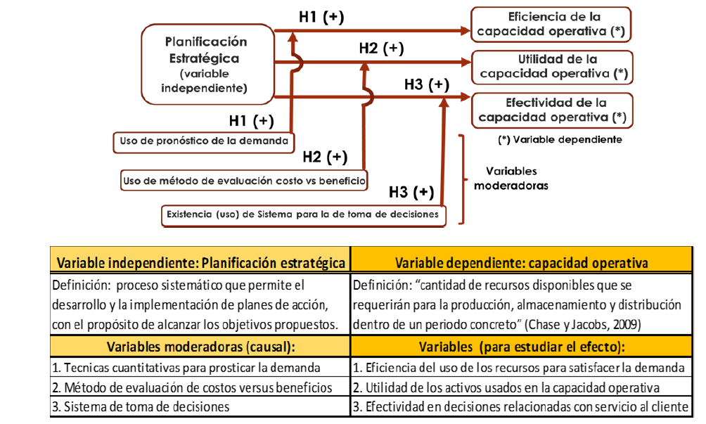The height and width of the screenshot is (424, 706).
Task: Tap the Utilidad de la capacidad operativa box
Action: (551, 65)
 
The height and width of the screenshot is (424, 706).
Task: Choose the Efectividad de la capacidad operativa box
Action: (551, 109)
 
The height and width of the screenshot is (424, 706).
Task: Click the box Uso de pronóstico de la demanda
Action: (204, 141)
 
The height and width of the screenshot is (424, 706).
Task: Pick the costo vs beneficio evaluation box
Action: (244, 180)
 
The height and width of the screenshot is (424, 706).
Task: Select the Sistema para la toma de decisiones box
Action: (304, 214)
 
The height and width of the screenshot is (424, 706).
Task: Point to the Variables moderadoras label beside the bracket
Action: (511, 179)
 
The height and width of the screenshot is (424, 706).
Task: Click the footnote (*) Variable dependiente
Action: (560, 139)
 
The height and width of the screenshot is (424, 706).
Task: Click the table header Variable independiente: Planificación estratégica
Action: (200, 262)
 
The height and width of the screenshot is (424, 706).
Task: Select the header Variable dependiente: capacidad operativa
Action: (521, 262)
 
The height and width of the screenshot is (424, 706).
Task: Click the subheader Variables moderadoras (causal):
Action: (200, 347)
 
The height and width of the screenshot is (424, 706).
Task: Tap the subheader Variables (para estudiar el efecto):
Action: (521, 347)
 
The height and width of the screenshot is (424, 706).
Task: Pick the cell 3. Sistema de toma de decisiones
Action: (141, 406)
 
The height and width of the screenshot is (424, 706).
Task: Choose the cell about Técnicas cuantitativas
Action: (186, 367)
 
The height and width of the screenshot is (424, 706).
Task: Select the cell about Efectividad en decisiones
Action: (521, 406)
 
